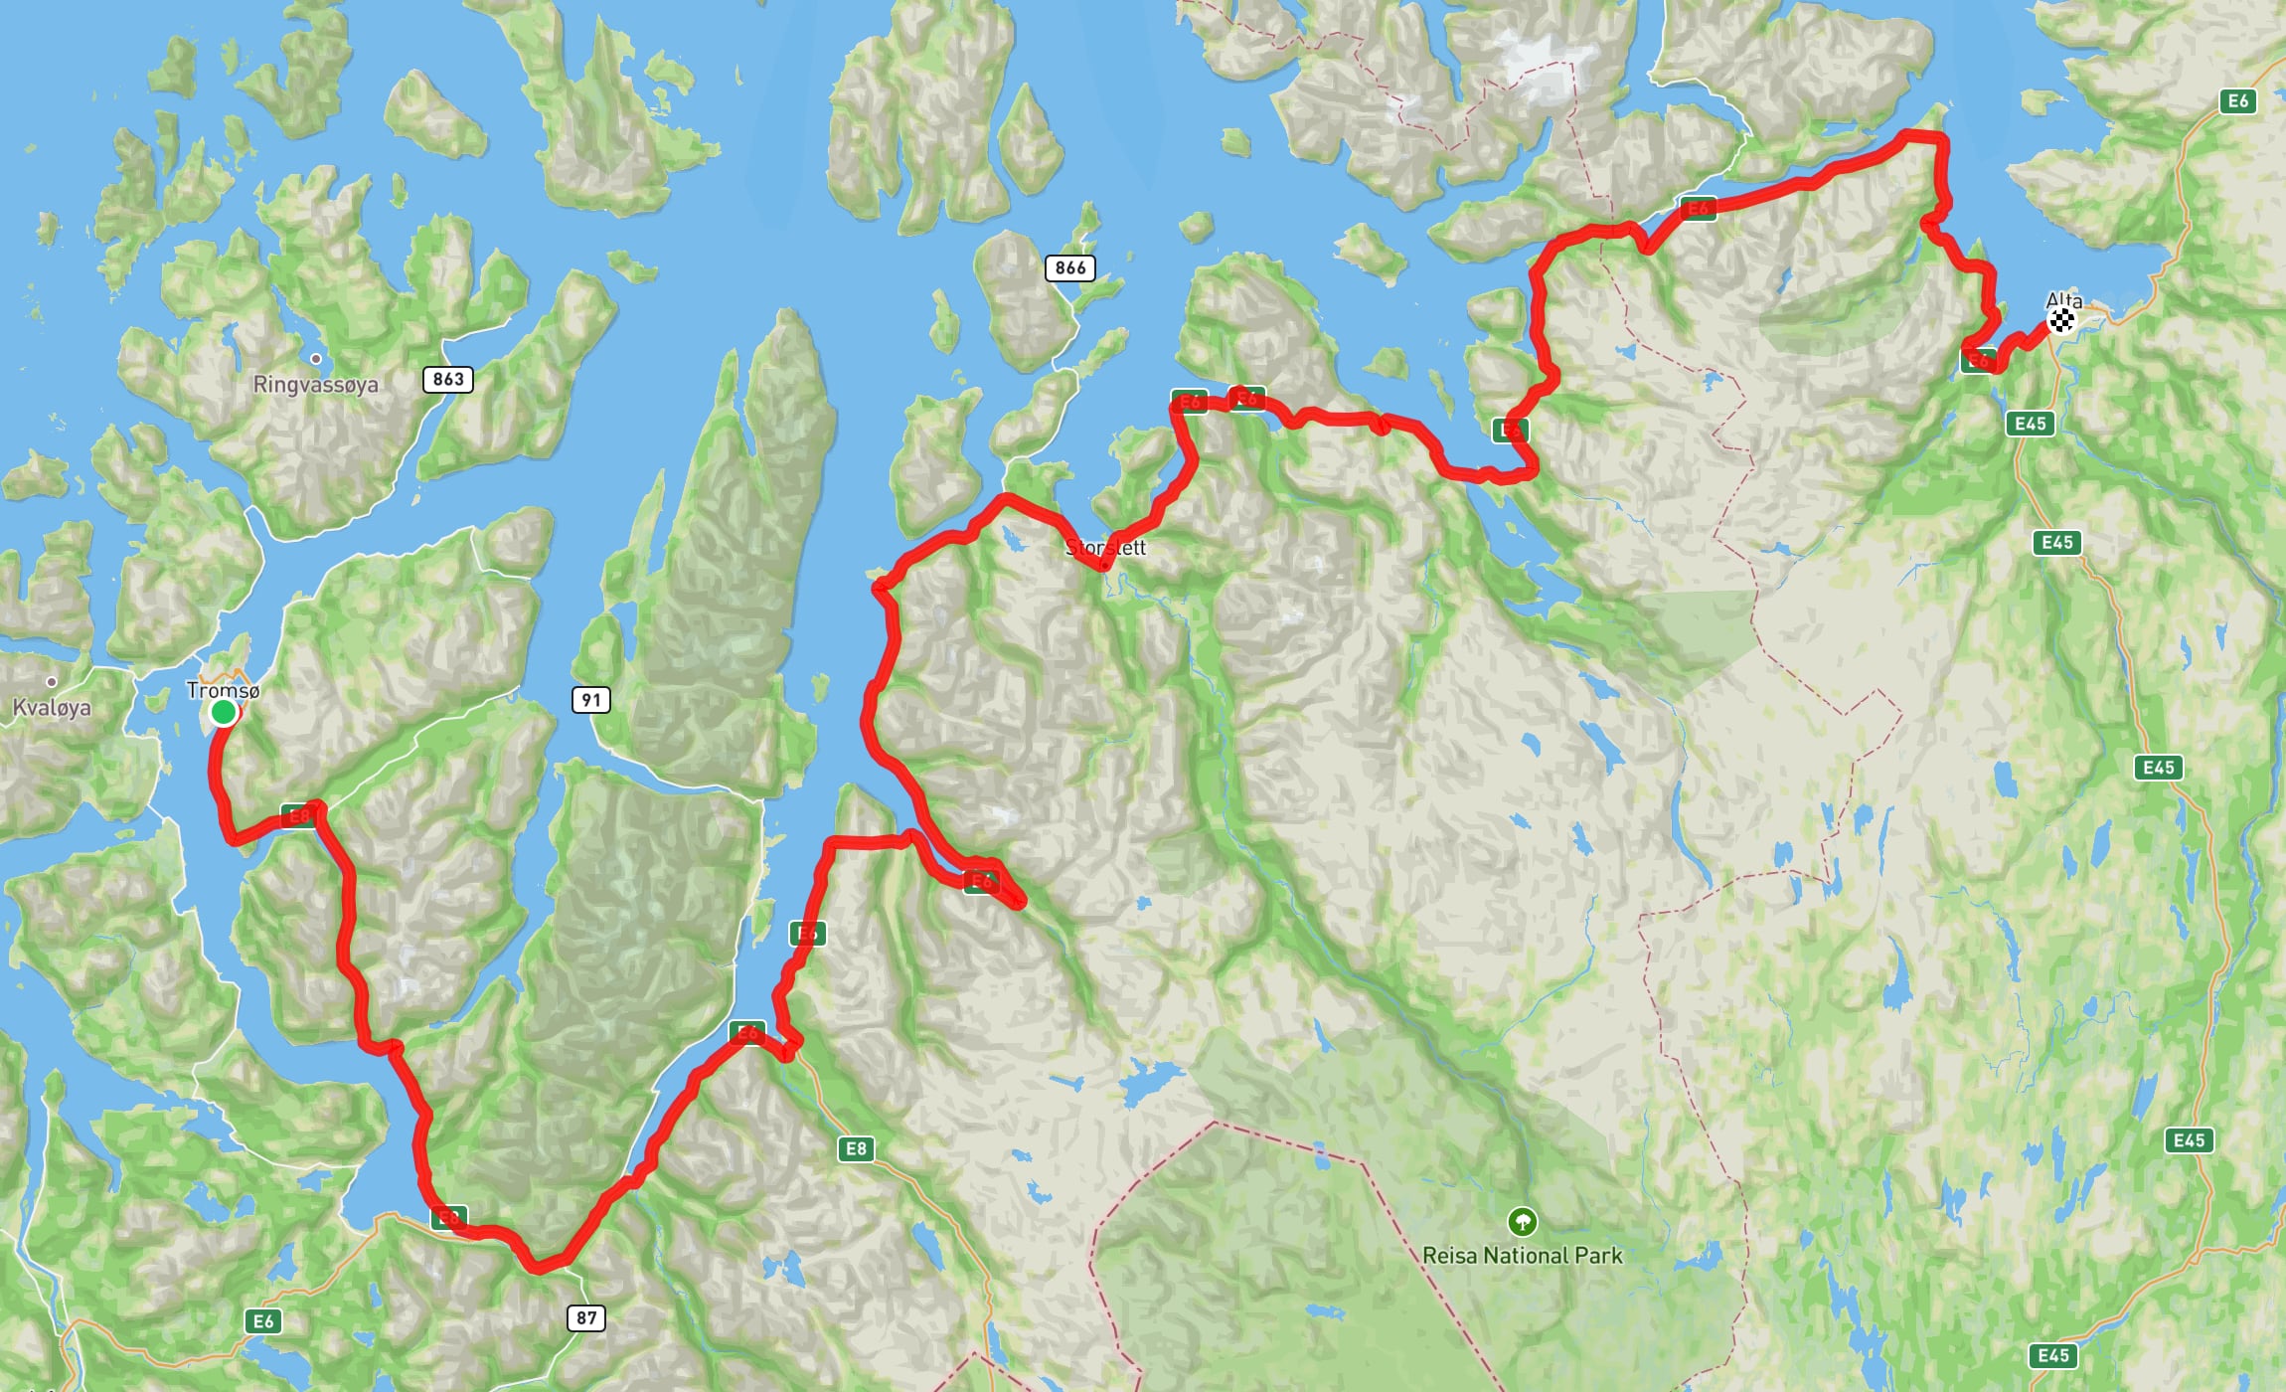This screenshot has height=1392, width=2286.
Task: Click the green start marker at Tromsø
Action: pos(224,712)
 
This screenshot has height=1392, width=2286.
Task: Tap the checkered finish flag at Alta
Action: pos(2062,320)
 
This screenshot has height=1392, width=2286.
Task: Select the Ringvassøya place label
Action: pos(315,385)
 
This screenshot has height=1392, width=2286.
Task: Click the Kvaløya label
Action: pos(52,708)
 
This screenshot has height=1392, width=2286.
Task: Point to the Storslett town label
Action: pos(1105,548)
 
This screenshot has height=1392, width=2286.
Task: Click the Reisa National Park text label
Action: pos(1522,1256)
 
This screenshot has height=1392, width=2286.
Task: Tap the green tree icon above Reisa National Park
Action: pos(1522,1221)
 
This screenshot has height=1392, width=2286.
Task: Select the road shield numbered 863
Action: pos(448,379)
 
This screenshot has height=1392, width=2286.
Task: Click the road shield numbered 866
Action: pos(1070,267)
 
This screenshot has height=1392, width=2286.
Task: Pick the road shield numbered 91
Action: pos(591,700)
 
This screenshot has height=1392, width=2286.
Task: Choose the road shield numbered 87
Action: pos(586,1318)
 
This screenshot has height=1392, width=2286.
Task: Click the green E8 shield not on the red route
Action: pos(855,1149)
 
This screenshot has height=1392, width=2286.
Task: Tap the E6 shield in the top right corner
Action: pos(2237,100)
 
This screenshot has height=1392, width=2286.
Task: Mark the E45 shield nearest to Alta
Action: pos(2030,424)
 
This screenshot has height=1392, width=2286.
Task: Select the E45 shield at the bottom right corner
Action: pos(2052,1355)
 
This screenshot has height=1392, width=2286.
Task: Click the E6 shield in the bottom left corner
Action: pos(263,1321)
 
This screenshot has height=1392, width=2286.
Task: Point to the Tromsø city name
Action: pos(223,690)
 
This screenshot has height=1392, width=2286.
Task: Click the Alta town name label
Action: pos(2064,300)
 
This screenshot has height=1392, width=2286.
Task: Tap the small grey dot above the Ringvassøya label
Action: pos(316,359)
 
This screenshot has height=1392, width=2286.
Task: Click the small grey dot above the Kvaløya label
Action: pos(52,682)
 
